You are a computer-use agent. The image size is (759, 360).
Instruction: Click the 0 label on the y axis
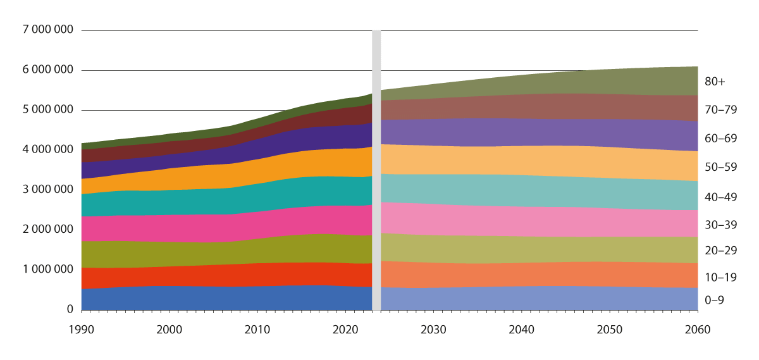(69, 309)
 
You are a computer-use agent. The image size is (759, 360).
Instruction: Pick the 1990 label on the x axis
(82, 330)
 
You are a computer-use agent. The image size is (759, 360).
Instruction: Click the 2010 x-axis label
(257, 330)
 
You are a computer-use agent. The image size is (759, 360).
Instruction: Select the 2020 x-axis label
(345, 330)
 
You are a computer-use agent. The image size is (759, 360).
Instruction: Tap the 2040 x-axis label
(521, 330)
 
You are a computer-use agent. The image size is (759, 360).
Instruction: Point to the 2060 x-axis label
(697, 330)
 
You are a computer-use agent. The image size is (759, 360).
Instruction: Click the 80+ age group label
(715, 82)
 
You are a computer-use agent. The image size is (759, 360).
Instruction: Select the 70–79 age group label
(720, 109)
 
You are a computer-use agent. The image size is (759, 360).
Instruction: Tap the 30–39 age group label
(720, 225)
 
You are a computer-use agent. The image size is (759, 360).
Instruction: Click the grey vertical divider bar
(376, 171)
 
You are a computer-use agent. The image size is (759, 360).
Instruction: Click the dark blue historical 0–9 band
(221, 298)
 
